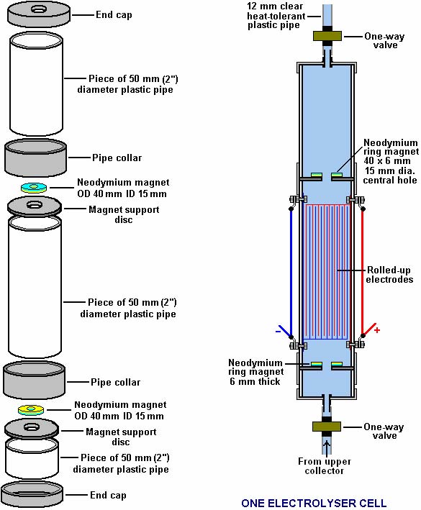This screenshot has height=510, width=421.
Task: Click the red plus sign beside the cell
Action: [377, 330]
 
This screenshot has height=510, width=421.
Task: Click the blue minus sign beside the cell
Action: [278, 332]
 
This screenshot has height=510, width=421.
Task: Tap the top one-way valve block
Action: [327, 36]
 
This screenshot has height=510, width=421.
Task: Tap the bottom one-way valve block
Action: [327, 427]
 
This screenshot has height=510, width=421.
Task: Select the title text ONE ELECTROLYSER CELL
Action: [313, 504]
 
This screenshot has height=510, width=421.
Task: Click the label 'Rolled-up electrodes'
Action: [389, 275]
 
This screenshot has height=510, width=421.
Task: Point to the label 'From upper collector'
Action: [325, 466]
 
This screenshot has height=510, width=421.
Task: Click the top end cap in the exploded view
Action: [39, 14]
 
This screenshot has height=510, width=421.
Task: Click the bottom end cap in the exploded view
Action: [32, 493]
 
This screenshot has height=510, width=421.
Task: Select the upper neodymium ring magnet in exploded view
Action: [34, 188]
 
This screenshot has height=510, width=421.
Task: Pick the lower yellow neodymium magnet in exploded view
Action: [31, 410]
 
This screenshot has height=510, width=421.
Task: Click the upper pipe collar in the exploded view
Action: [36, 158]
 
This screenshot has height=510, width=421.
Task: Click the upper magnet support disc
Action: [35, 207]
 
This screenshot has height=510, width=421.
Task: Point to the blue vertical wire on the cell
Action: [291, 273]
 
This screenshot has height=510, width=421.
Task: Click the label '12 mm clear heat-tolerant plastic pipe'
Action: [276, 16]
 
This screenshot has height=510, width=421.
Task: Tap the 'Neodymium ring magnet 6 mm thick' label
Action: [255, 372]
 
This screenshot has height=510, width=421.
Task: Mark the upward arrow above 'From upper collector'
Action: [327, 447]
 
